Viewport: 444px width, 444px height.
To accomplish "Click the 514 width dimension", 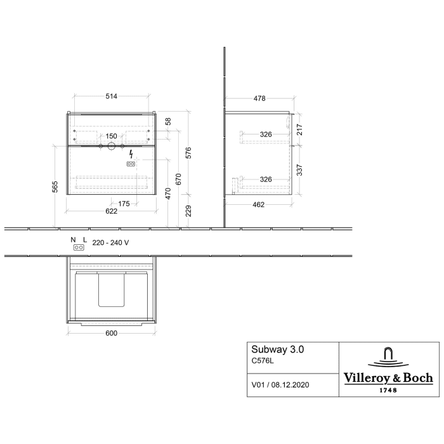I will click(111, 96).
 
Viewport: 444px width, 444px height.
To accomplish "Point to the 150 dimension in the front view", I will click(111, 136).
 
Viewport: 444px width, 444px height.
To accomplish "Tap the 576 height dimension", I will click(188, 153).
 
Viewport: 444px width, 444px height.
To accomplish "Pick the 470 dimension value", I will click(168, 194).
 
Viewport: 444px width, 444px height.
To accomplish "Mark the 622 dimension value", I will click(111, 212).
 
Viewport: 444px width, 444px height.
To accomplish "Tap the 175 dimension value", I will click(124, 204).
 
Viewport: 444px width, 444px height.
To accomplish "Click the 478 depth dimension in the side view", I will click(259, 98).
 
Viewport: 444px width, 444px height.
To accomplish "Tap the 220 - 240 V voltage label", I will click(111, 242).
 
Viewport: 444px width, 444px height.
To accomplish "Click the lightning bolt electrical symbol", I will click(131, 154).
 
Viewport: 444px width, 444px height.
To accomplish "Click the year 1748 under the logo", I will click(388, 390).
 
